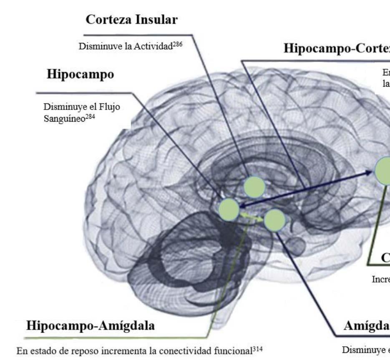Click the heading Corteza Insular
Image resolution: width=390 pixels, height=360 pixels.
135,20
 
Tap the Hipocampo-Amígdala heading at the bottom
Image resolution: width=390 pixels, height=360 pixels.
91,325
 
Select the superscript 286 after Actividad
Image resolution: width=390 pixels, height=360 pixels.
177,43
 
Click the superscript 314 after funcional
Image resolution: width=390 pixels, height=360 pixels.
257,348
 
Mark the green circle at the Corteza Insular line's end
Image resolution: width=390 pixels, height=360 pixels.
254,187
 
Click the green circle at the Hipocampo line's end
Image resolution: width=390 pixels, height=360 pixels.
229,209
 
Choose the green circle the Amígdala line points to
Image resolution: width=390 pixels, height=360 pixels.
274,220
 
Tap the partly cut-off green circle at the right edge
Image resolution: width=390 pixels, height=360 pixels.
383,170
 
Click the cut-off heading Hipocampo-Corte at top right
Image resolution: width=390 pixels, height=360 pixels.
336,49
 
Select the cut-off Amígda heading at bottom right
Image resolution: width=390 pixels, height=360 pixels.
366,325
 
